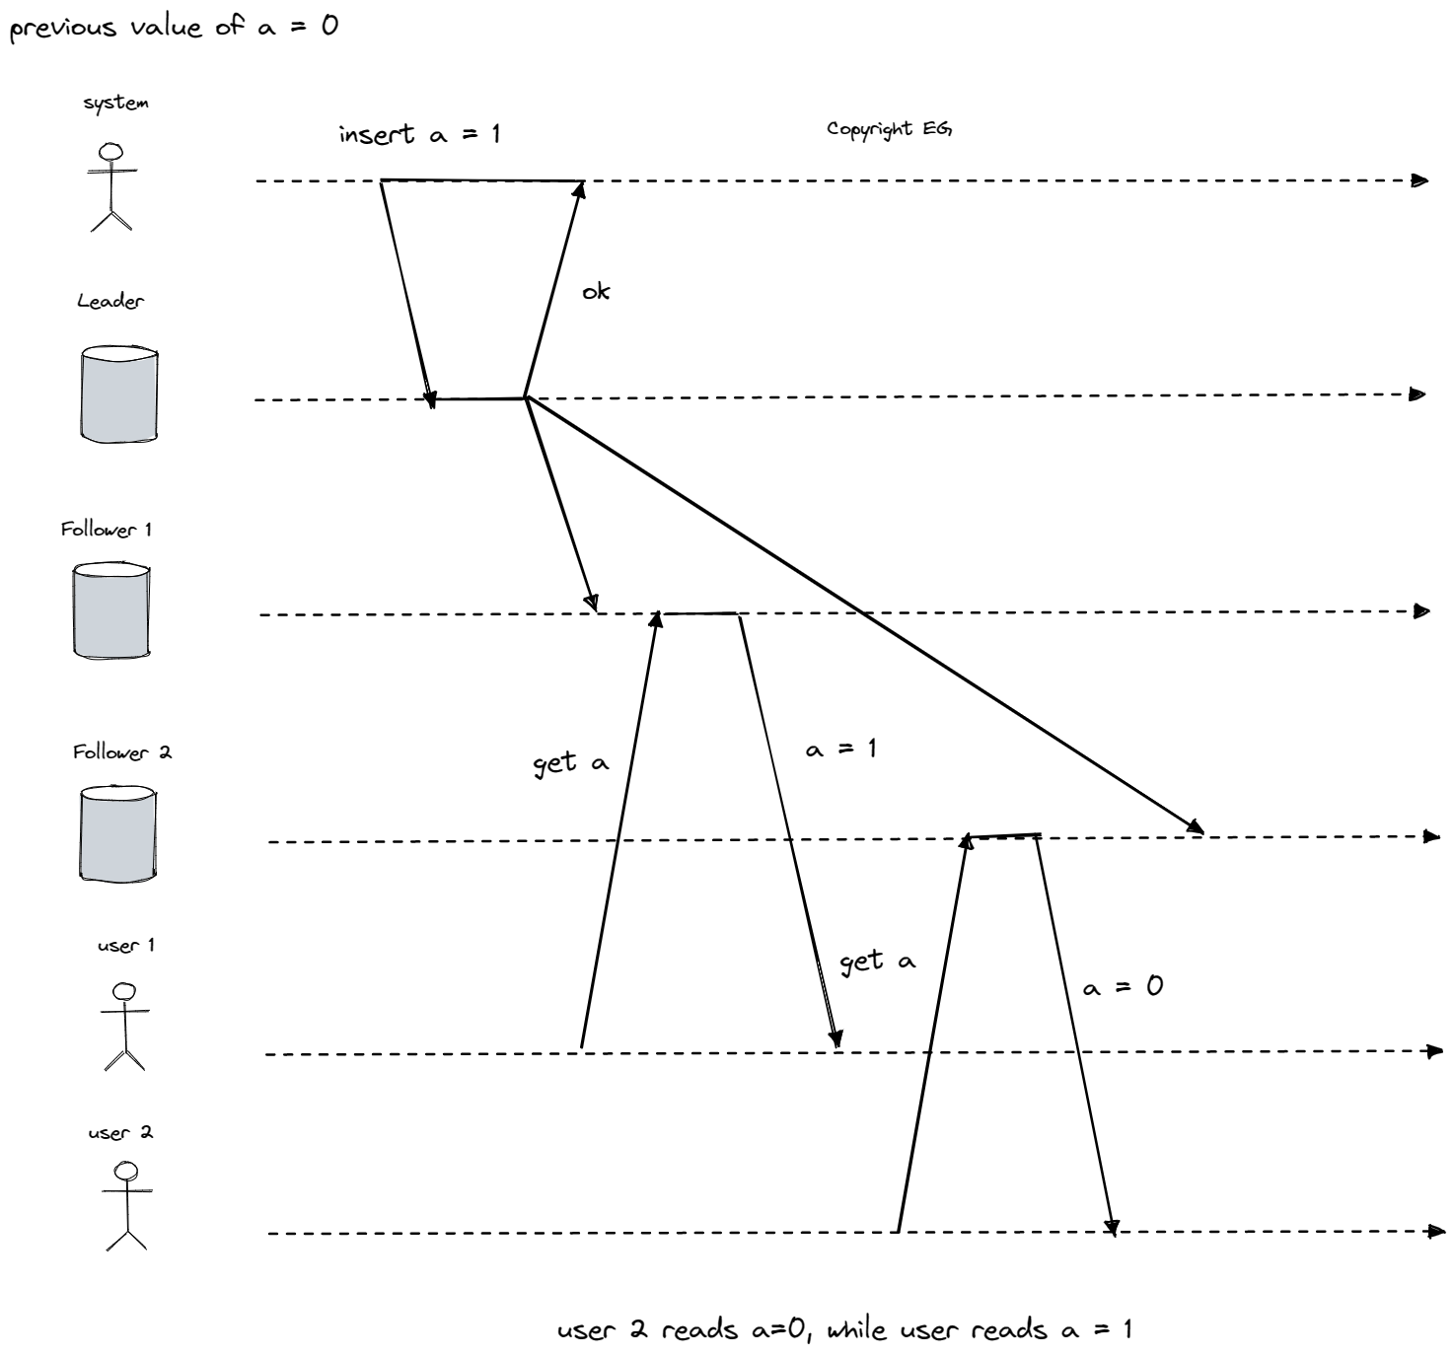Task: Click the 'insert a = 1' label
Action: point(419,134)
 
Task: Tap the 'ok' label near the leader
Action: point(596,292)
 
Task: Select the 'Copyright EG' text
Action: point(889,129)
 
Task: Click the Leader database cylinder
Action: point(118,394)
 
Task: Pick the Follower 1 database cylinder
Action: point(111,610)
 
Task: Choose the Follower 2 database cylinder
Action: point(117,833)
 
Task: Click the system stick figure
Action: point(111,187)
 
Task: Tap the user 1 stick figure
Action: point(124,1026)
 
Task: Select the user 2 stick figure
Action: point(126,1206)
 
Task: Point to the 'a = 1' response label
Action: point(840,750)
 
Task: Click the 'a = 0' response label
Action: point(1123,986)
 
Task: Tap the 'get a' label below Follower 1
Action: point(571,763)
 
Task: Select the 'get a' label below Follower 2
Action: point(877,962)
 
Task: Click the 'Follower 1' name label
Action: point(107,530)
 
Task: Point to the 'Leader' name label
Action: point(110,302)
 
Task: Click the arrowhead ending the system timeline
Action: point(1420,180)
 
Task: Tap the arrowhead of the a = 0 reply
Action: point(1112,1228)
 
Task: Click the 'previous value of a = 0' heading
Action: point(174,27)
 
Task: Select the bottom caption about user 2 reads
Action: point(844,1330)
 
